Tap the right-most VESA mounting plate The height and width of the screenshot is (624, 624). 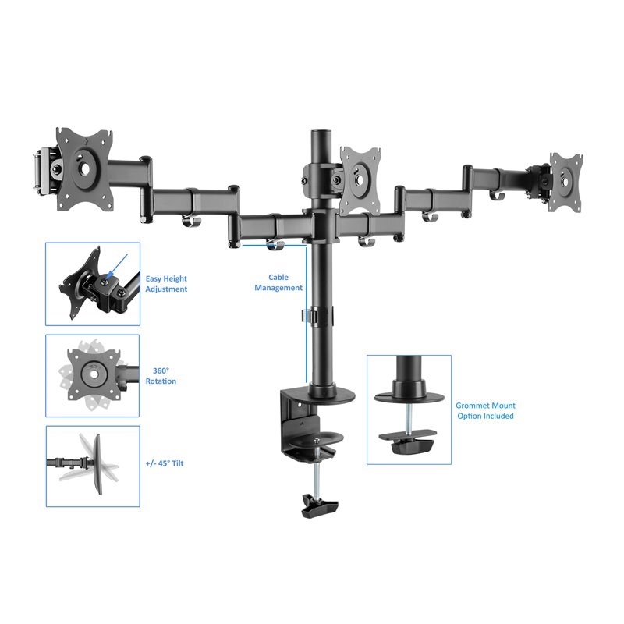click(566, 182)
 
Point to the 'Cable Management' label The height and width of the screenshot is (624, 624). click(278, 282)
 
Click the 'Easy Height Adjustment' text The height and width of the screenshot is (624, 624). click(166, 284)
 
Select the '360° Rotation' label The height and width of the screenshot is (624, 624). click(161, 376)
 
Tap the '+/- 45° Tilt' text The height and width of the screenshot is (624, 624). click(164, 463)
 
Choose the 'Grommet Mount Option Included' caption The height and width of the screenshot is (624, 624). click(485, 411)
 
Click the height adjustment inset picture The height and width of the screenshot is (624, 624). click(92, 283)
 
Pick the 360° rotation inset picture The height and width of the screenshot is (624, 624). click(92, 376)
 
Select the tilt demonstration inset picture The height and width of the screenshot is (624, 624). click(92, 466)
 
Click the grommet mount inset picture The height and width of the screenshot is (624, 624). click(409, 409)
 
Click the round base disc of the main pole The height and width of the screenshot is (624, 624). click(321, 395)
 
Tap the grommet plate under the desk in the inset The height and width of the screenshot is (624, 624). click(409, 445)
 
